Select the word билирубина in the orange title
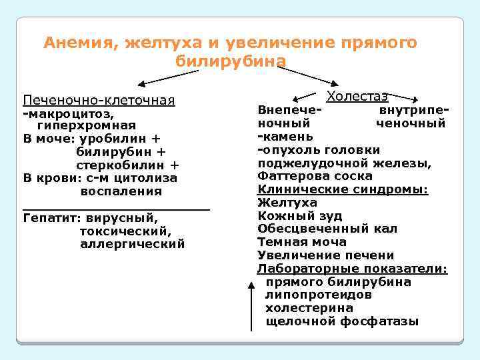tap(231, 61)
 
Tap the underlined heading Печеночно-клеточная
tap(99, 101)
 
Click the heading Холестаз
tap(357, 97)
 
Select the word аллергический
tap(132, 245)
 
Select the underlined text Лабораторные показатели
tap(352, 269)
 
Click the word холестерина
tap(309, 309)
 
